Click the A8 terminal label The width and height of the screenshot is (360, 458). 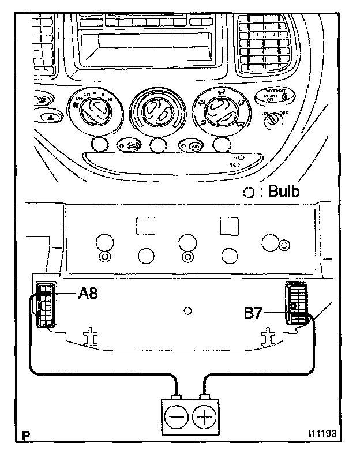click(88, 294)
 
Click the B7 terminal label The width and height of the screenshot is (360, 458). click(254, 314)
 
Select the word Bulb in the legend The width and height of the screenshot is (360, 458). click(280, 192)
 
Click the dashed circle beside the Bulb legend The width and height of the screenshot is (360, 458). click(249, 193)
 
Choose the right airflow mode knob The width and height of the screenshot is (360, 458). click(220, 110)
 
